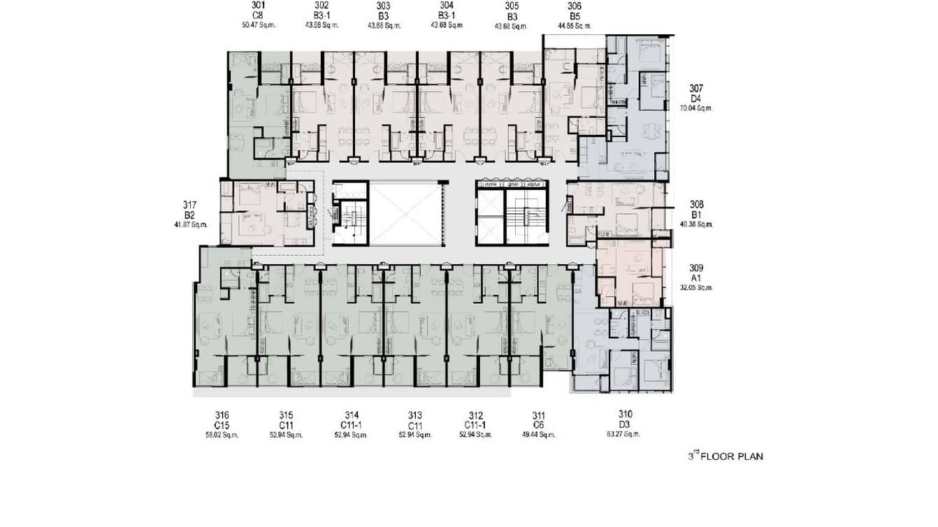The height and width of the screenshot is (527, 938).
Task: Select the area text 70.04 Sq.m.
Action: click(696, 108)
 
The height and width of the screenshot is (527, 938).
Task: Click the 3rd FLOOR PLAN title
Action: click(726, 456)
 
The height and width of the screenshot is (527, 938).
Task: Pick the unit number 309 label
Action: click(696, 268)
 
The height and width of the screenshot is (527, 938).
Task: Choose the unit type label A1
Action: click(696, 277)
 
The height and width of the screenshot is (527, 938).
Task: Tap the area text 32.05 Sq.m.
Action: click(696, 287)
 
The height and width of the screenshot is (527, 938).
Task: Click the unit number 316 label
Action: click(222, 415)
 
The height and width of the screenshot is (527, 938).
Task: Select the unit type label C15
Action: click(222, 425)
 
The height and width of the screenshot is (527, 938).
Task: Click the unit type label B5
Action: click(575, 15)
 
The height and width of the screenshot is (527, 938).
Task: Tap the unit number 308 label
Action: click(696, 205)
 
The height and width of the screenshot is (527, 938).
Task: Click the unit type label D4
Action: click(696, 99)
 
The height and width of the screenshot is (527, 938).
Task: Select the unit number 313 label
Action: click(414, 415)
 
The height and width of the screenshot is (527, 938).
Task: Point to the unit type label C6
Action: click(538, 425)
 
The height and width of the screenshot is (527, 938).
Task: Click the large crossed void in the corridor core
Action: click(405, 213)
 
